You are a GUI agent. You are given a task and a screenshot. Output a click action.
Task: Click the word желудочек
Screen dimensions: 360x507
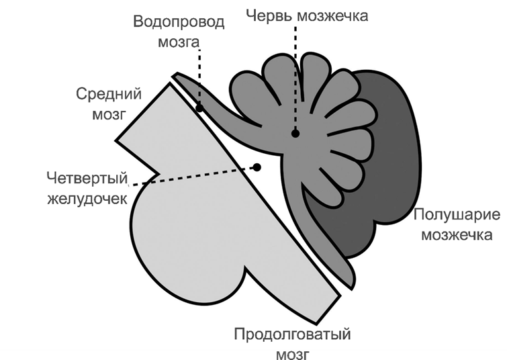87,199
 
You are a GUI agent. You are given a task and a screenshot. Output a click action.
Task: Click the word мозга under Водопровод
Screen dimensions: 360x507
179,41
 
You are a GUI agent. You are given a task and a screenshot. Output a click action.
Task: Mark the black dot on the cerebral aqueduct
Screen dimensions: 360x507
199,107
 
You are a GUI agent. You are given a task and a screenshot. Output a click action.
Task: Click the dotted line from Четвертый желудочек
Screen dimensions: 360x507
195,175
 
